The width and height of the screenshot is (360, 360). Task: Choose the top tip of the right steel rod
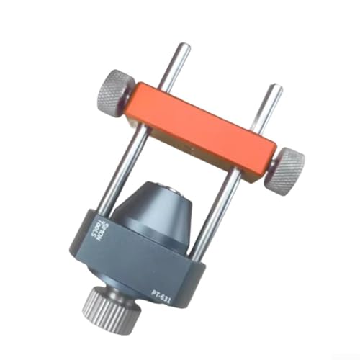click(274, 89)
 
